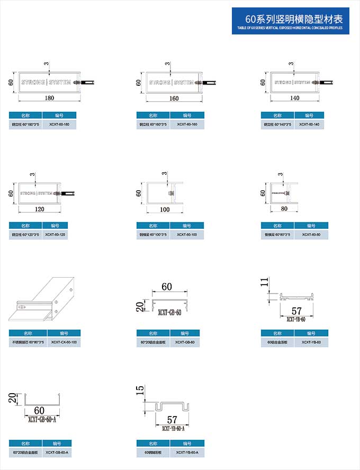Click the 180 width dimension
click(49, 98)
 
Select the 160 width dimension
click(174, 99)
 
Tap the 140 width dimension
click(295, 98)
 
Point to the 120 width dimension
click(40, 209)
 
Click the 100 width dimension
click(165, 209)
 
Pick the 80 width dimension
click(284, 209)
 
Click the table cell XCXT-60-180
click(59, 125)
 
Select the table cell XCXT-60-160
click(187, 125)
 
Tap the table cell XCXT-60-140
click(309, 125)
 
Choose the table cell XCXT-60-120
click(55, 234)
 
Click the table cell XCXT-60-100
click(187, 234)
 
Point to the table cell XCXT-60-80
click(311, 234)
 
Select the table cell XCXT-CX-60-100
click(64, 342)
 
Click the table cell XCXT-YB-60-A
click(187, 453)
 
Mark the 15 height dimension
click(140, 391)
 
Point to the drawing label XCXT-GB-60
click(169, 313)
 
